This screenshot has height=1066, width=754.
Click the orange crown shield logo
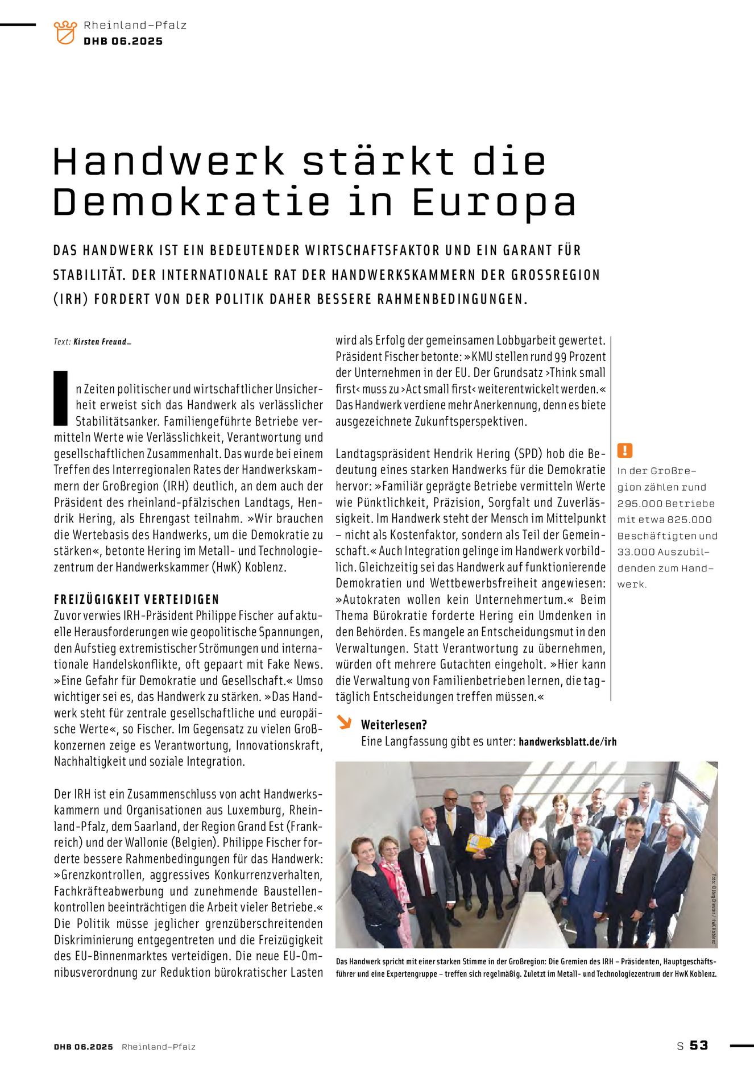pyautogui.click(x=65, y=32)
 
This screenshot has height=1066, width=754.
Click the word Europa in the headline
pyautogui.click(x=494, y=203)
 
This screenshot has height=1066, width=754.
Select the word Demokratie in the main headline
pyautogui.click(x=192, y=202)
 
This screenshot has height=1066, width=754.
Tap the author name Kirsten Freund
pyautogui.click(x=100, y=342)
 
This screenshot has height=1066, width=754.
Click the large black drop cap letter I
pyautogui.click(x=60, y=398)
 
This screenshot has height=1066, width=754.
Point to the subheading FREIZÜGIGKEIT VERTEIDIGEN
pyautogui.click(x=136, y=599)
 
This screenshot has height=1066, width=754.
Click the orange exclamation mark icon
pyautogui.click(x=624, y=451)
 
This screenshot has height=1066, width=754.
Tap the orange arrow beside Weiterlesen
pyautogui.click(x=344, y=722)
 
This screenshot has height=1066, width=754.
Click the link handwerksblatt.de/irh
pyautogui.click(x=567, y=741)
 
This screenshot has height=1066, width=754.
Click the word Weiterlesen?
pyautogui.click(x=394, y=724)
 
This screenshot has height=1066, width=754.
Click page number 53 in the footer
pyautogui.click(x=699, y=1046)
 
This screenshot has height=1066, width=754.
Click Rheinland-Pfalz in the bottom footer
pyautogui.click(x=159, y=1047)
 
